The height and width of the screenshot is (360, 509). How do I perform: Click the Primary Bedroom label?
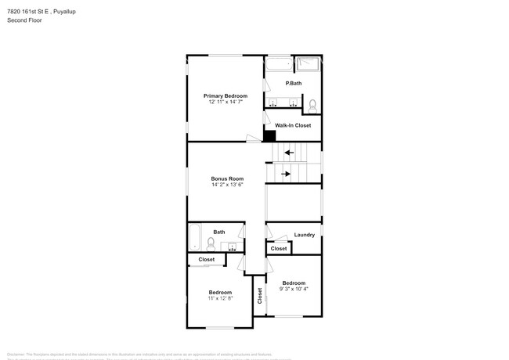[226, 95]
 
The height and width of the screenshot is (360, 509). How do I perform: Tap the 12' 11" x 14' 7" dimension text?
[226, 103]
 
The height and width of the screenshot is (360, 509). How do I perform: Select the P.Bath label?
[294, 84]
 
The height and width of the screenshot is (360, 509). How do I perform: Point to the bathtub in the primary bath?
[277, 63]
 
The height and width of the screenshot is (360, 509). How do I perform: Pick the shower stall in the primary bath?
[309, 63]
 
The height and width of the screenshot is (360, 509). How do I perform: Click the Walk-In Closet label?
[293, 125]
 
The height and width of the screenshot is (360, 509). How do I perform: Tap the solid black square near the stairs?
[269, 135]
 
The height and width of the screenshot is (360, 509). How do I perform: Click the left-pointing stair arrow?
[288, 153]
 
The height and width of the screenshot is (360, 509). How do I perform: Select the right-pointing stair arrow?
[286, 174]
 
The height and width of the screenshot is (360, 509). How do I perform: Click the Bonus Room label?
[227, 178]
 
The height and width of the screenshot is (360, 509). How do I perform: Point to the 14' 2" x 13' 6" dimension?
[227, 185]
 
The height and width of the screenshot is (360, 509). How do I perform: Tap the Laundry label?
[305, 235]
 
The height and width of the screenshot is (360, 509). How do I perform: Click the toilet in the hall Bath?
[210, 243]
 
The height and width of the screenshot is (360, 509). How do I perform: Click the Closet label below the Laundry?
[279, 249]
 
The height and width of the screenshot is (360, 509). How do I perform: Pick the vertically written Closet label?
[260, 296]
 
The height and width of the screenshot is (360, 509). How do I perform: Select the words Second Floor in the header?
[25, 20]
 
